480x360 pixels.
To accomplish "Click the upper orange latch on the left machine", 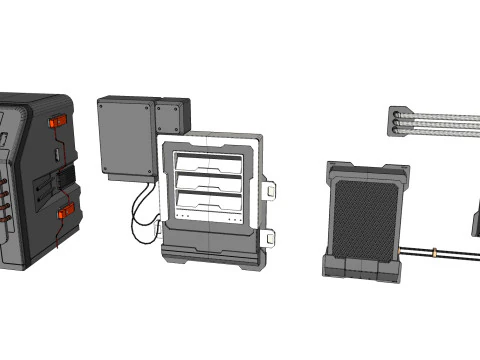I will pos(59,121).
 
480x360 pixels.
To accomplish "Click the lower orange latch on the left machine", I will pos(67,211).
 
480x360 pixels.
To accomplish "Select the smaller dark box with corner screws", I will pos(171,117).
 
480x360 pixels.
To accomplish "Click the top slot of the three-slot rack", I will pos(209,160).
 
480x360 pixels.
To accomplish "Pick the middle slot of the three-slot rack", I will pos(209,183).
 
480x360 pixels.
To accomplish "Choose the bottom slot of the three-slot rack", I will pos(209,205).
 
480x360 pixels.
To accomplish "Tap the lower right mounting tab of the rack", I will pos(269,237).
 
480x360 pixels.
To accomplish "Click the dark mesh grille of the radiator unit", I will pos(364,215).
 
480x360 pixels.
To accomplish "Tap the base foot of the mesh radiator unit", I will pos(361,267).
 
